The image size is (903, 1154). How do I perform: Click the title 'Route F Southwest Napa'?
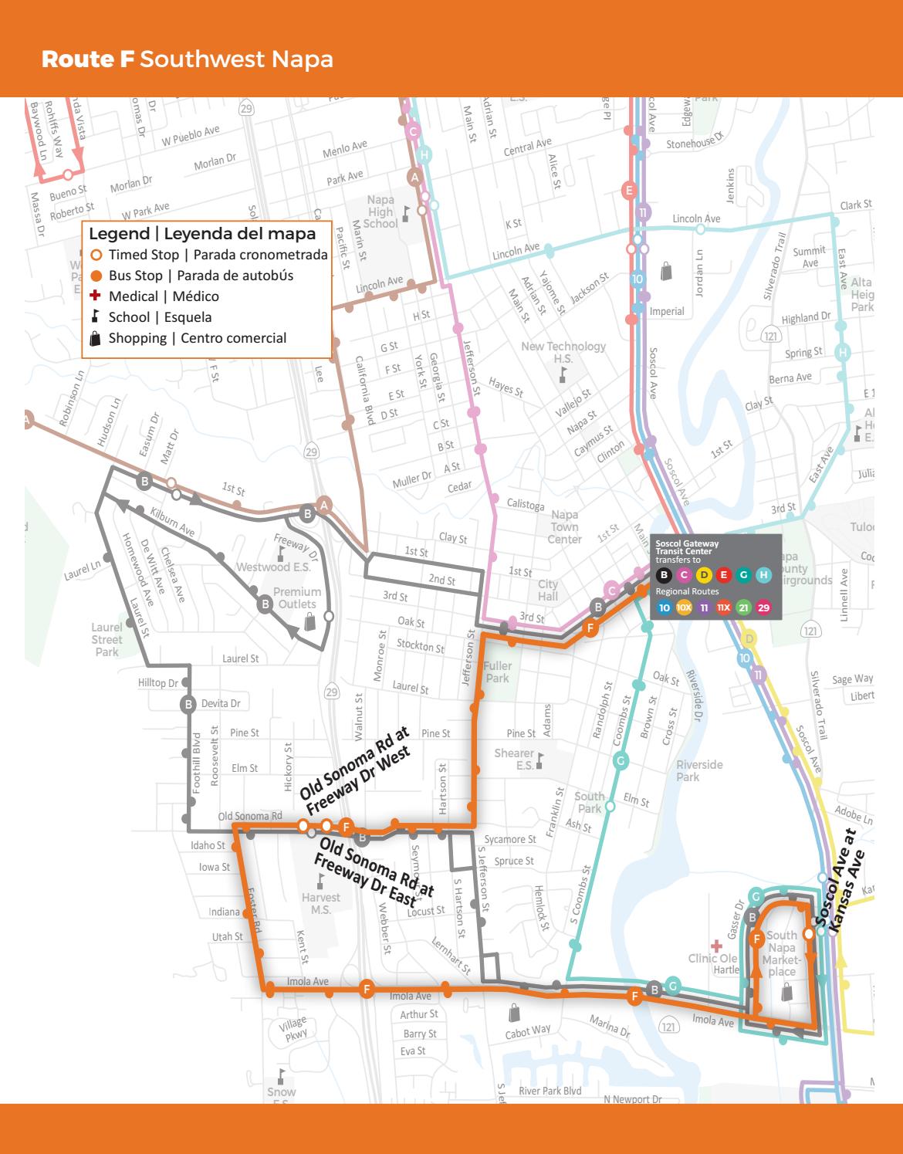[x=187, y=59]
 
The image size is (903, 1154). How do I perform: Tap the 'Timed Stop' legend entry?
[x=143, y=255]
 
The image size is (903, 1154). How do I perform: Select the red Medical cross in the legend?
[x=96, y=296]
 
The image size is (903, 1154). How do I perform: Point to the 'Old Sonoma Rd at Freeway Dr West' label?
[x=356, y=770]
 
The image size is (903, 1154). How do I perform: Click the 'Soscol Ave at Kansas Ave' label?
[x=840, y=878]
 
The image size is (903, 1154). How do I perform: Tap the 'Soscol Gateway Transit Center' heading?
[x=687, y=547]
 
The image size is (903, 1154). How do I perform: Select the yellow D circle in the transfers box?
[x=704, y=574]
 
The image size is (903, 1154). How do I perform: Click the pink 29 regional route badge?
[x=763, y=607]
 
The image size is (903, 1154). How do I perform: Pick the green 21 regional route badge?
[x=743, y=607]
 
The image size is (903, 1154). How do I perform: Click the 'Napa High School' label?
[x=380, y=212]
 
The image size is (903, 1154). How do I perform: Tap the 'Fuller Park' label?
[x=498, y=672]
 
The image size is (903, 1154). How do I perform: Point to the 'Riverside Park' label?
[x=699, y=770]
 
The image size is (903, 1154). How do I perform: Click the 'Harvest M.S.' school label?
[x=320, y=903]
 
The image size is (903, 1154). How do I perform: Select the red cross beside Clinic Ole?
[x=716, y=945]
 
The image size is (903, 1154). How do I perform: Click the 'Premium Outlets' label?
[x=297, y=598]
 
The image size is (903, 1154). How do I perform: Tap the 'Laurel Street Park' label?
[x=107, y=639]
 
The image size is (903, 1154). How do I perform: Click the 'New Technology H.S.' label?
[x=563, y=352]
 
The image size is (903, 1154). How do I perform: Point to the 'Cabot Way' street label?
[x=528, y=1030]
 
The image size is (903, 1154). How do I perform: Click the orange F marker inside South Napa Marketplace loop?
[x=756, y=939]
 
